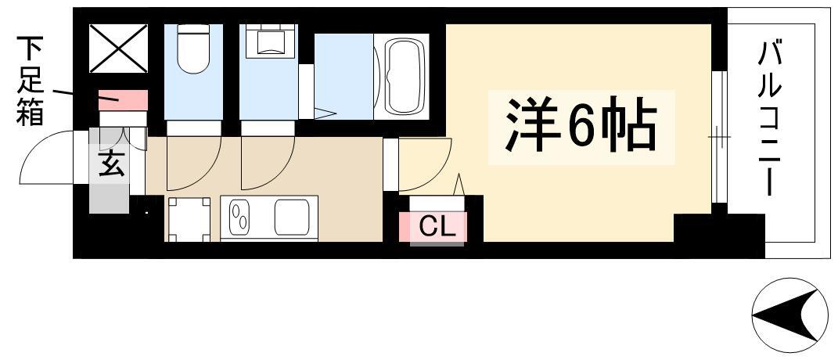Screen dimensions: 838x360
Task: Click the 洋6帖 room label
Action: point(581,128)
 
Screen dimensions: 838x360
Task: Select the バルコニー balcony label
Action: point(769,121)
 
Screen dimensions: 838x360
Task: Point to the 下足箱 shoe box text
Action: point(31,81)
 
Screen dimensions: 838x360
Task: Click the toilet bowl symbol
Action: point(193,49)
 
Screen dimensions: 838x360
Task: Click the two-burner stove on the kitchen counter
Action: point(239,219)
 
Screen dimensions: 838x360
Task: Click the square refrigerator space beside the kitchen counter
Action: point(189,220)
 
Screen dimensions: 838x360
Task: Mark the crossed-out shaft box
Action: point(118,49)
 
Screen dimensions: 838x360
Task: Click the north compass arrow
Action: point(785,315)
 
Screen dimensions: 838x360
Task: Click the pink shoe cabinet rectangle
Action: point(123,100)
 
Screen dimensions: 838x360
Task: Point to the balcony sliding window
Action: point(719,137)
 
